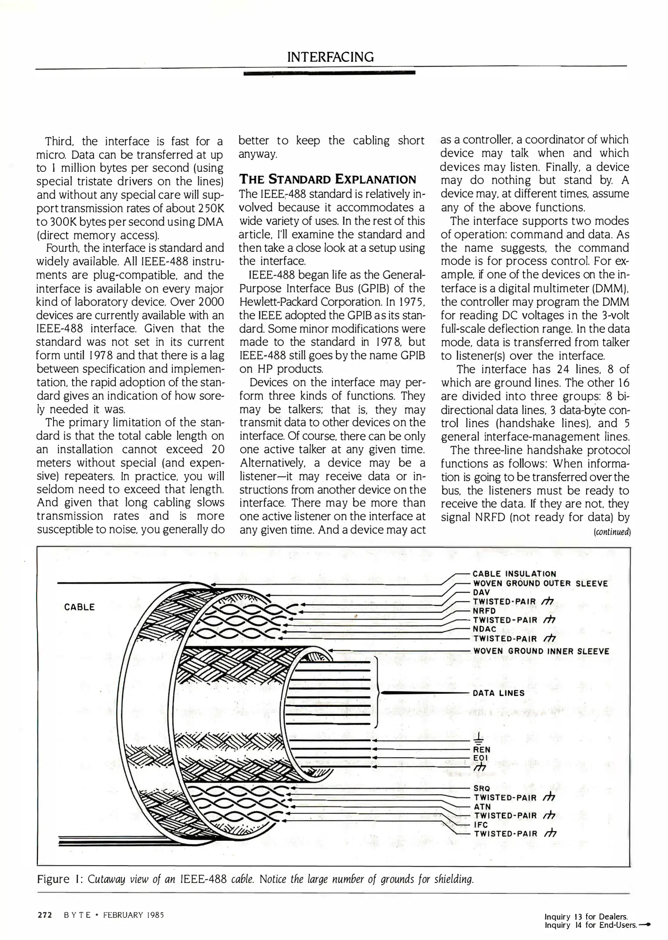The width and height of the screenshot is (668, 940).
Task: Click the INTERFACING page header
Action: [330, 57]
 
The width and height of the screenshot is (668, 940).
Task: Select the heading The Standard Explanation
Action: [327, 179]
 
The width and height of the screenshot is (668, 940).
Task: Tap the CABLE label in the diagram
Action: [79, 607]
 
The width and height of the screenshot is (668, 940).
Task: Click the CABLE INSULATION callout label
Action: [514, 574]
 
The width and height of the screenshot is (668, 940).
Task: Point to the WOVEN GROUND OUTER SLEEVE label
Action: [540, 584]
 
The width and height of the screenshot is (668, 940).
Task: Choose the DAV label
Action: [482, 592]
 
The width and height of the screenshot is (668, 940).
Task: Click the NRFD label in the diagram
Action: [484, 611]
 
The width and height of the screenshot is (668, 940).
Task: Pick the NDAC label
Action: [485, 629]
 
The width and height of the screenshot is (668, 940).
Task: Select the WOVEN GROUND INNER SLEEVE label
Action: [541, 651]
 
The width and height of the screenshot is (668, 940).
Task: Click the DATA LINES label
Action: [499, 693]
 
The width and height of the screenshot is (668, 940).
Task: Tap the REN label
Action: [482, 749]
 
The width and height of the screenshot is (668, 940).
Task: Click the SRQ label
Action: [482, 788]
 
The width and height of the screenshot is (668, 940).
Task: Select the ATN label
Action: [482, 806]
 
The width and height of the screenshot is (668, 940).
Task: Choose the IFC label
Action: [481, 825]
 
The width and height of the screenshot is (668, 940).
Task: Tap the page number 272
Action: [45, 914]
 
